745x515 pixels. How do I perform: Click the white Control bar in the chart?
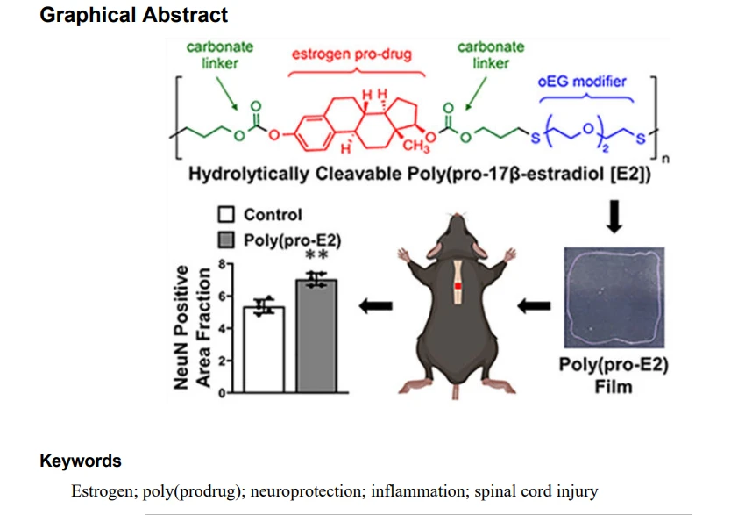(264, 349)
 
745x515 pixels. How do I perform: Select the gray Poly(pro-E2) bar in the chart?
(316, 336)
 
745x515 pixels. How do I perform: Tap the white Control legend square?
(226, 214)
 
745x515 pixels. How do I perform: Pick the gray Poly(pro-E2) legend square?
(226, 240)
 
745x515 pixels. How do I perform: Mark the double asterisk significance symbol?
(316, 255)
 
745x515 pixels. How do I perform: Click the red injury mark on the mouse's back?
(458, 286)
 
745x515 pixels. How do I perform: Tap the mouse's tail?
(456, 392)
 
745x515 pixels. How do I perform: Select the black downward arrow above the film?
(614, 217)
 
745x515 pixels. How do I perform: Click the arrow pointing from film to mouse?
(534, 306)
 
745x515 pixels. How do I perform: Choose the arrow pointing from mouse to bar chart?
(375, 306)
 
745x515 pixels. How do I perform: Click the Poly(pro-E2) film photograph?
(614, 297)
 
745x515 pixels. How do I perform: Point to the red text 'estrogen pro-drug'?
(351, 54)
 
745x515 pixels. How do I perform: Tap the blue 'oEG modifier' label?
(582, 82)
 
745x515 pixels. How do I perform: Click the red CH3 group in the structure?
(416, 146)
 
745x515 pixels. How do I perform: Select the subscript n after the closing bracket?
(665, 159)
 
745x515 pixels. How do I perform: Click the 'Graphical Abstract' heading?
(133, 15)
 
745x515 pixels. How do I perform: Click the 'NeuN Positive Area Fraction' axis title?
(193, 327)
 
